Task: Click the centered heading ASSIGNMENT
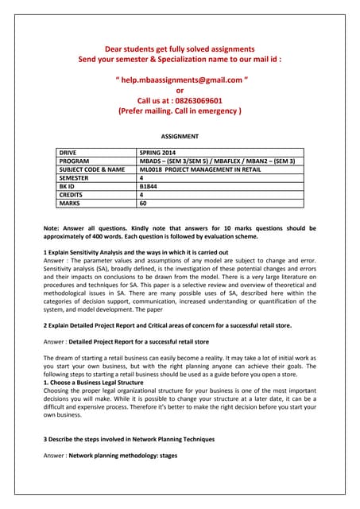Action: click(x=180, y=137)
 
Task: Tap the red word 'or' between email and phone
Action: click(x=180, y=91)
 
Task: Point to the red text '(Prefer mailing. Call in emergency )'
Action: click(x=180, y=111)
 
